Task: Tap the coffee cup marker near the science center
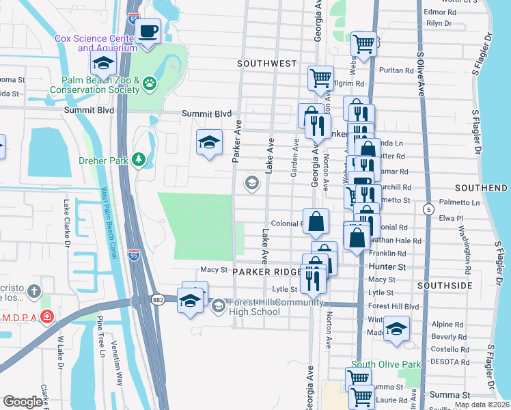pos(148,31)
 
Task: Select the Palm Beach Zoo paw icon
pos(149,84)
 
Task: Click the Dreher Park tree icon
pos(139,159)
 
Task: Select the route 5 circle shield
pos(428,208)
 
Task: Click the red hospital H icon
pos(46,317)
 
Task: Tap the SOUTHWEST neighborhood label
pos(267,64)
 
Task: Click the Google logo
pos(23,402)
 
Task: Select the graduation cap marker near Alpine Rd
pos(396,329)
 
